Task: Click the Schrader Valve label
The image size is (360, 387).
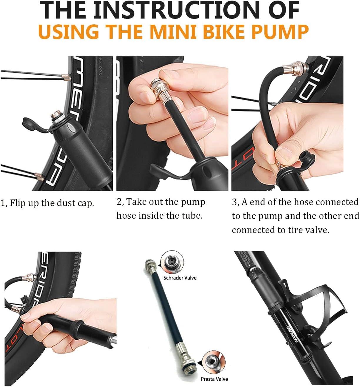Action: [x=180, y=278]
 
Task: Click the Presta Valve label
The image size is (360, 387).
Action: [x=214, y=379]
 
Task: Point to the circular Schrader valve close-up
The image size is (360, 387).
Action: [x=172, y=261]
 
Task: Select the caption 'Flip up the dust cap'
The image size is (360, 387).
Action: [x=52, y=203]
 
